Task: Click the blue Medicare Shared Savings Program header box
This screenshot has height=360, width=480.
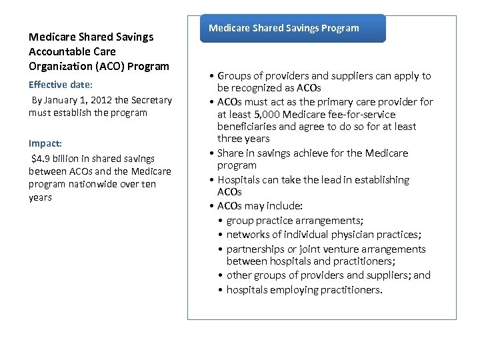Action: [x=293, y=29]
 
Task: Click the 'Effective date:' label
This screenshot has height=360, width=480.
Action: [x=61, y=85]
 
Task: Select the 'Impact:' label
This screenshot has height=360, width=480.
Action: [x=45, y=143]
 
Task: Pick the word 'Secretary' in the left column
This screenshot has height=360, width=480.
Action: [x=152, y=100]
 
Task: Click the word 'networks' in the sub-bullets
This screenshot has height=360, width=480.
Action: [x=246, y=235]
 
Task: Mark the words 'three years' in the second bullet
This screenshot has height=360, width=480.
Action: [x=243, y=139]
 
